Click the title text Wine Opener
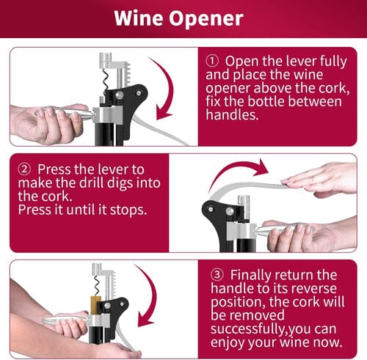coord(183,18)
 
